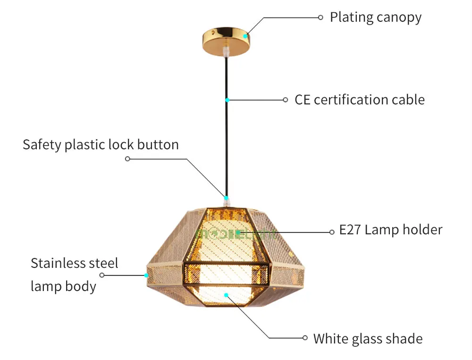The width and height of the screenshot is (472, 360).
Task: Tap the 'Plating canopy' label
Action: click(376, 17)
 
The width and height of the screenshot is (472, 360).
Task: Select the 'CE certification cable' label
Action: click(359, 100)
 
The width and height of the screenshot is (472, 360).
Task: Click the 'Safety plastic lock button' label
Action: click(101, 145)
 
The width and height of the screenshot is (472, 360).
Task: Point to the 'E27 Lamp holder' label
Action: click(391, 230)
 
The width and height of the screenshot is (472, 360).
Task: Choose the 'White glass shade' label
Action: click(368, 339)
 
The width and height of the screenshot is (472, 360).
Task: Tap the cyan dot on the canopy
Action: click(245, 36)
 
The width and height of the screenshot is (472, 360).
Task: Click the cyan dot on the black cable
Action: click(228, 100)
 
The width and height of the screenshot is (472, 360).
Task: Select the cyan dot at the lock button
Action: click(227, 198)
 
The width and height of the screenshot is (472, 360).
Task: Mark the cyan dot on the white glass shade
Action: click(227, 295)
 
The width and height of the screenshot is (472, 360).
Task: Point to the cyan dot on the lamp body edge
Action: click(146, 275)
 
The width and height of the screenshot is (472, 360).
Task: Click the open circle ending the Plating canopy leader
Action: click(320, 18)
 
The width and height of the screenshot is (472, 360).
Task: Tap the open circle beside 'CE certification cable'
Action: click(286, 100)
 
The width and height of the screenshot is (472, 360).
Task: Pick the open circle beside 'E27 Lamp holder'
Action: click(332, 232)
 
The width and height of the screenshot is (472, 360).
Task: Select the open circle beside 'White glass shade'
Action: click(305, 338)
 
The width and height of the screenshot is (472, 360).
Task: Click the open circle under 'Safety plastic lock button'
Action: click(127, 159)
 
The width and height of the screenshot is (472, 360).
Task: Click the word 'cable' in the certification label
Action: click(408, 100)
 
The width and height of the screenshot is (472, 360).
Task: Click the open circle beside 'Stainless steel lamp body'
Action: click(102, 275)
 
